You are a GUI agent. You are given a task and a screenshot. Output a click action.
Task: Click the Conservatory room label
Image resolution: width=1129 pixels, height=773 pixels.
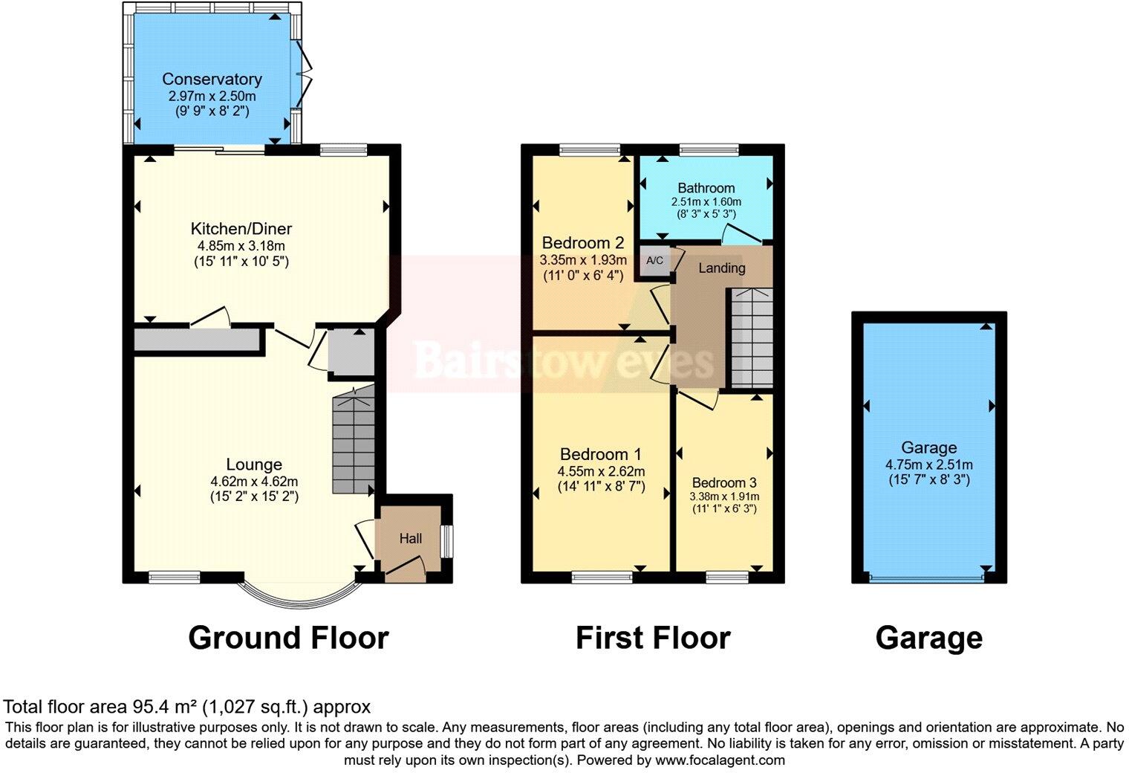212,79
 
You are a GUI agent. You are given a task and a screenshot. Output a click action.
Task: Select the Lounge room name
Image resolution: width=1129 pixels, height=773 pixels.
254,465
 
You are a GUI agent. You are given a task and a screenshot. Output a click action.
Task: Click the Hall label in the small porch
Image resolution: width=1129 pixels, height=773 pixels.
411,539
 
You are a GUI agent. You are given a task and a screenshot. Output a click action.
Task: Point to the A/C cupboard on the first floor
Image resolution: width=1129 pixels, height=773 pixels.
655,261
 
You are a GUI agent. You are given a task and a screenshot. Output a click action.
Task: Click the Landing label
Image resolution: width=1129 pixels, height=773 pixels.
721,268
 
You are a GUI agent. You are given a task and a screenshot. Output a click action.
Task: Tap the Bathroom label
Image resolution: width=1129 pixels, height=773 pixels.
706,188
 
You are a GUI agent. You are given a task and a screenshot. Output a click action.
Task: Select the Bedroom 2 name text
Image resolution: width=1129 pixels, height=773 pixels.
582,243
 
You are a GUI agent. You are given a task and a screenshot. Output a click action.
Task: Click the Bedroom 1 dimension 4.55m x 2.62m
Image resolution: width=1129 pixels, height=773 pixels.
601,471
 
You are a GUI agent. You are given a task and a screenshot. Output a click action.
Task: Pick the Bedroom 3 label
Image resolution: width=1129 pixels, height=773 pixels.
724,482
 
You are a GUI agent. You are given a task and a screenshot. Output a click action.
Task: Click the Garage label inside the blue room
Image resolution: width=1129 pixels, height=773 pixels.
928,447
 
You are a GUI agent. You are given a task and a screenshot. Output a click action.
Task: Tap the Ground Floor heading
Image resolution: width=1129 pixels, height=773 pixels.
288,638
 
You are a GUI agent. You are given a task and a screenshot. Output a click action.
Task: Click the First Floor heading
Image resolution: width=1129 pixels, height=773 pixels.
653,638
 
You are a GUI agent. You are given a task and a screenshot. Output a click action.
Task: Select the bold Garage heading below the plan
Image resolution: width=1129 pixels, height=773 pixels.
928,638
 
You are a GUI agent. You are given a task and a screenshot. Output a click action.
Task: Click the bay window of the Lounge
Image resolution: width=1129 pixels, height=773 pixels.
297,595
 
